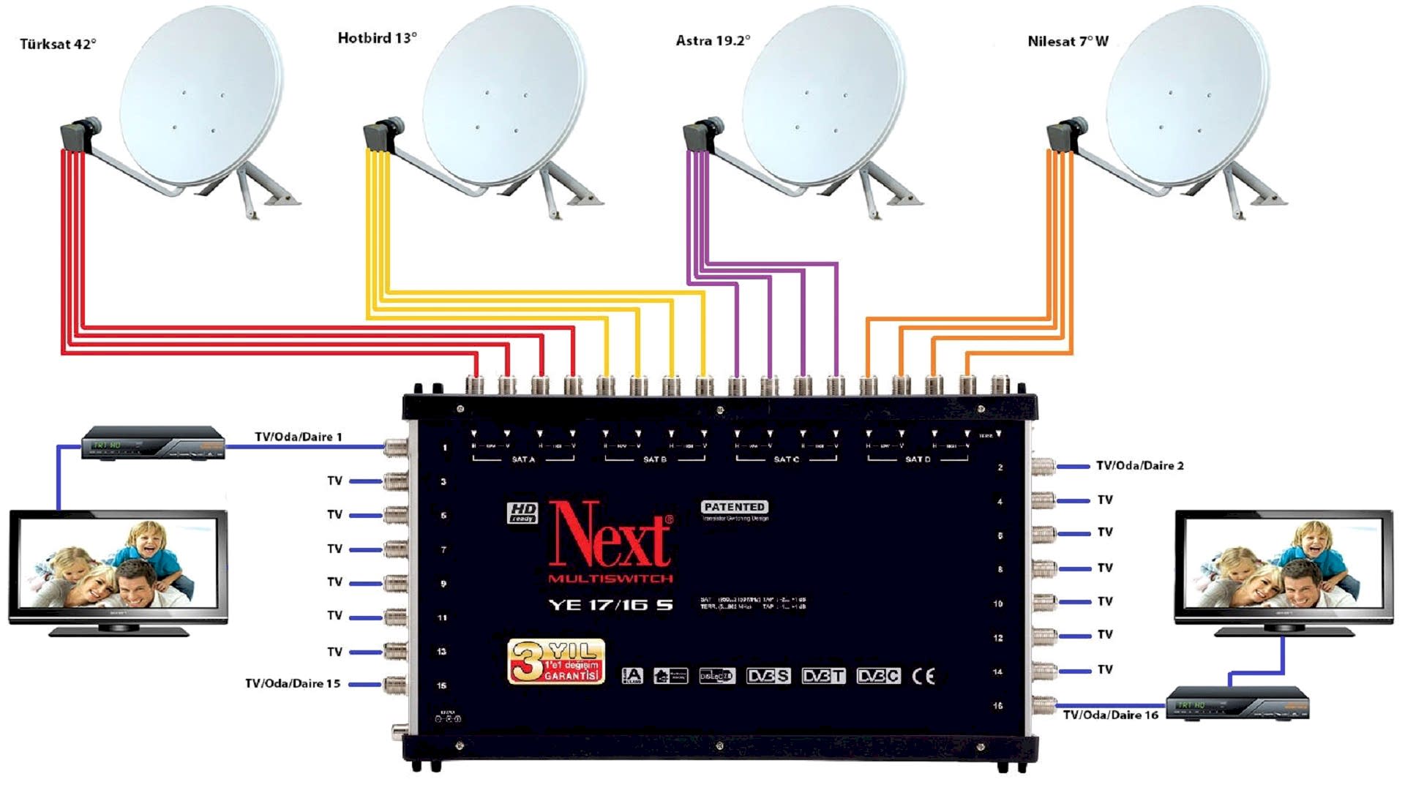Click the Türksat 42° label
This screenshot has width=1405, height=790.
click(58, 44)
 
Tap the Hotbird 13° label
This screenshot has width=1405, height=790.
click(377, 38)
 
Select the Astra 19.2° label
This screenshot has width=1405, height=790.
click(713, 41)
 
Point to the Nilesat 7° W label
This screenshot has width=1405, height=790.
click(1068, 42)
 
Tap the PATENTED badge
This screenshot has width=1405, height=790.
click(735, 507)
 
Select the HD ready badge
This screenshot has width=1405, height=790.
click(522, 512)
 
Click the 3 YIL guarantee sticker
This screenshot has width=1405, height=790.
click(556, 661)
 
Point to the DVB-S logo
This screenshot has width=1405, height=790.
click(768, 676)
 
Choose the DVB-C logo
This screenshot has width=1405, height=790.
click(878, 676)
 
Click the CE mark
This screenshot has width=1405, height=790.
click(923, 676)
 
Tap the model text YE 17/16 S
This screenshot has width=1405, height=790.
click(610, 605)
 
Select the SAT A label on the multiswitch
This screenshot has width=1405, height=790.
click(523, 459)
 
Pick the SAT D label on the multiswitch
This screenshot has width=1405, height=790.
click(918, 459)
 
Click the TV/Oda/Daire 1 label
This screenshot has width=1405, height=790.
click(298, 437)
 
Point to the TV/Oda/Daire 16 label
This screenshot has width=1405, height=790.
click(1110, 715)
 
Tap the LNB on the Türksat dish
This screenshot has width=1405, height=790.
click(79, 135)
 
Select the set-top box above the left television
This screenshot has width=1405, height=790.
click(152, 443)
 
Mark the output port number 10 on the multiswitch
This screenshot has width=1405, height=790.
click(997, 603)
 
